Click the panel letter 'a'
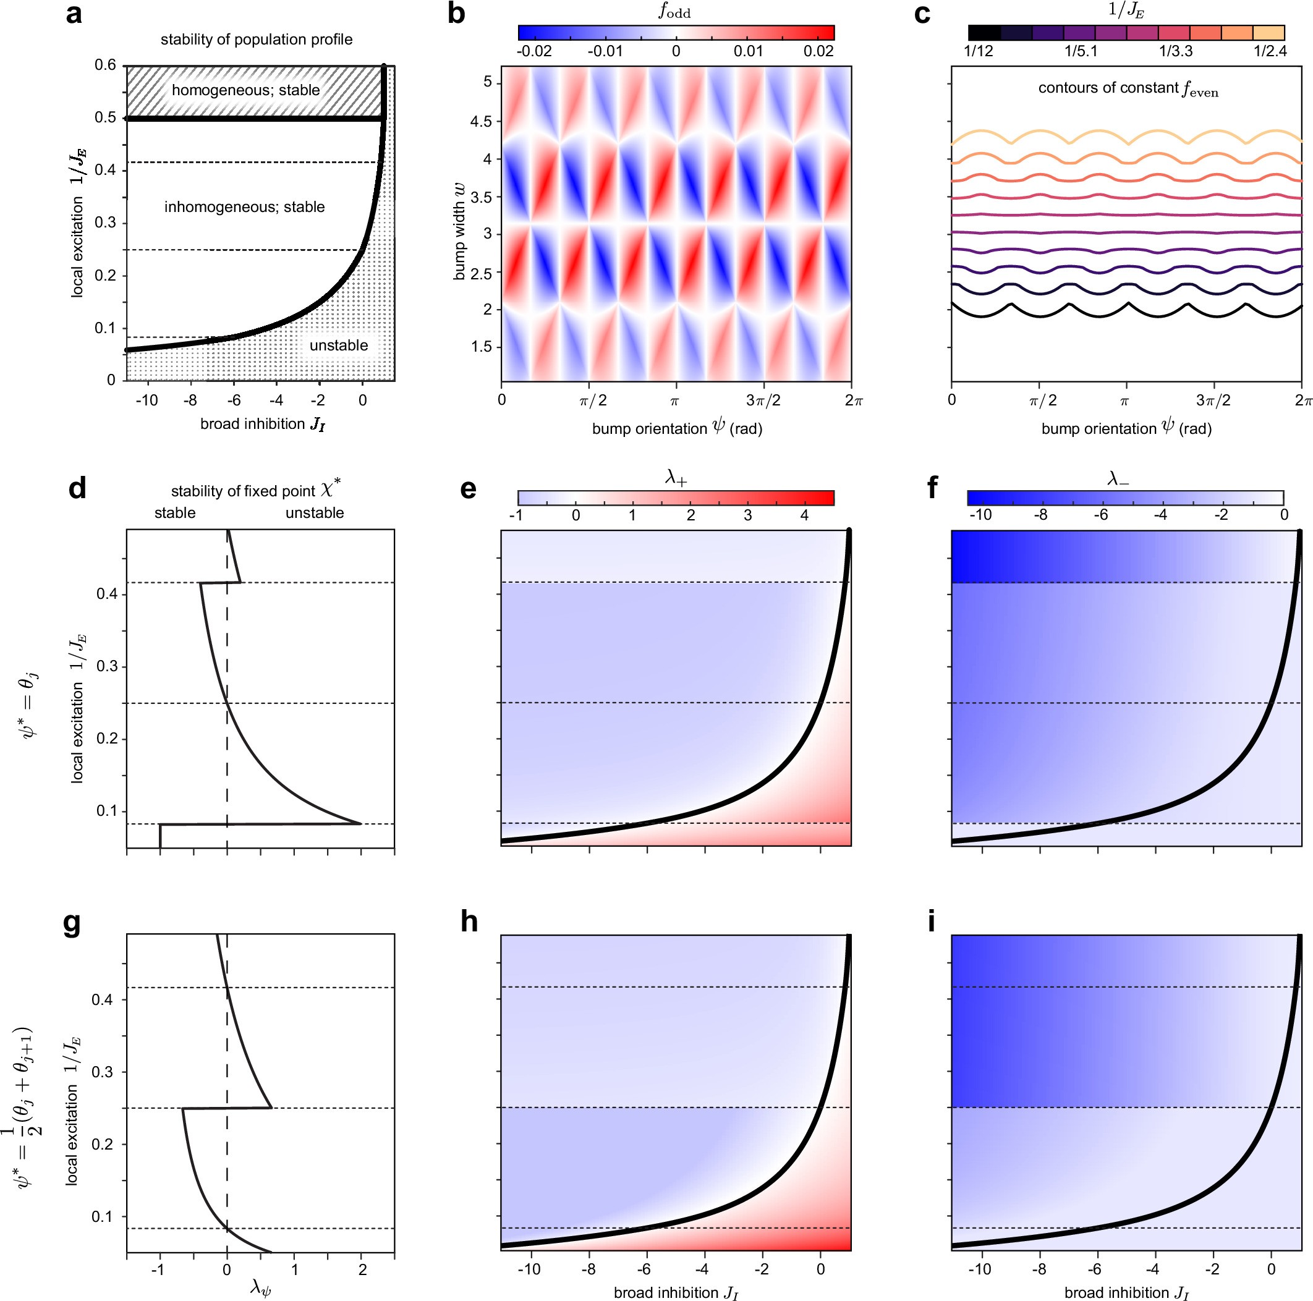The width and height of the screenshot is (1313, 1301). point(74,14)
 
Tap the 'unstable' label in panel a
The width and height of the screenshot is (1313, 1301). point(338,345)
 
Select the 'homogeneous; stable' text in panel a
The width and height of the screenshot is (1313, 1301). point(245,90)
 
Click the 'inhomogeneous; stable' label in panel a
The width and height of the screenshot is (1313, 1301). point(244,206)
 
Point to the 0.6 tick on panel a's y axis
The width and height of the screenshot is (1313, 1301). point(105,66)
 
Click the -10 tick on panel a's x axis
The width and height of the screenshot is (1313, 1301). point(146,400)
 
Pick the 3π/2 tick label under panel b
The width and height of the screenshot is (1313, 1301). point(763,401)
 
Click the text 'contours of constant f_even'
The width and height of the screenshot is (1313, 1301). point(1128,89)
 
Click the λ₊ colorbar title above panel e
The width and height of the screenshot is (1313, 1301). point(675,478)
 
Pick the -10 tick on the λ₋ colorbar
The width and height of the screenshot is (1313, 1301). point(980,515)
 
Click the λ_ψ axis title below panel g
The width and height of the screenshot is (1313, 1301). point(260,1287)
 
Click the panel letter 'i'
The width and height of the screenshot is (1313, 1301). point(931,922)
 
